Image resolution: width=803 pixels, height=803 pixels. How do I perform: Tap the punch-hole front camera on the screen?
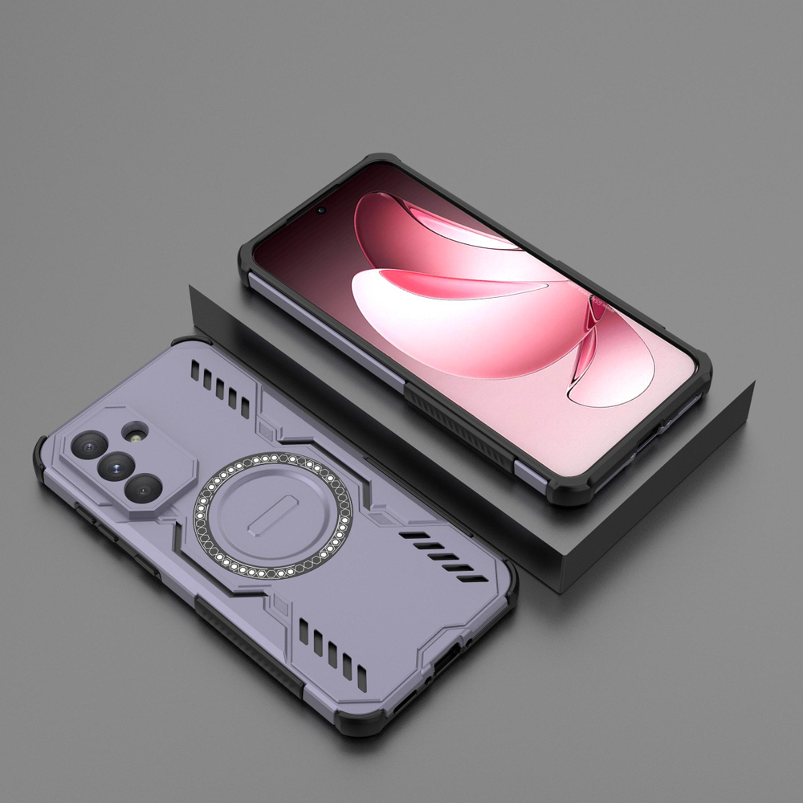tap(321, 210)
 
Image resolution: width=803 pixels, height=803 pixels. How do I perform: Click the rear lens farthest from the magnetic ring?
tap(88, 442)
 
